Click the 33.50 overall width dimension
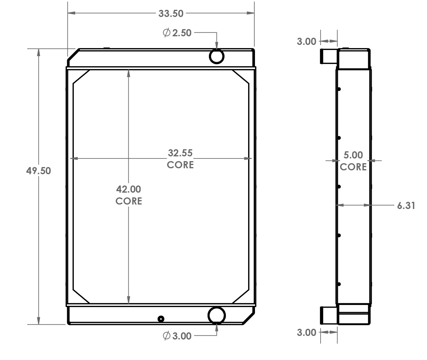171,13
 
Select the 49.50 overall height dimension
38,171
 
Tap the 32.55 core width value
180,153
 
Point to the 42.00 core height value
128,189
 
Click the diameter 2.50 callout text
177,33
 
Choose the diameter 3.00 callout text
177,336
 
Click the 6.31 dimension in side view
406,205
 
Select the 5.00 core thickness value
353,155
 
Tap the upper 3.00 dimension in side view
306,41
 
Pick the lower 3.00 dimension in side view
306,332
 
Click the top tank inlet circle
216,56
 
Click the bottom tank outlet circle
216,315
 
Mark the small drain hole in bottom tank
161,319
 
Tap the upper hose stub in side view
328,56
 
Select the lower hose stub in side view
328,315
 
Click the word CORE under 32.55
180,165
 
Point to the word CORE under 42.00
128,201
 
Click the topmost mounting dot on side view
339,89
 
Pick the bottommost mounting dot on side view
339,284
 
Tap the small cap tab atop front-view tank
106,48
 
